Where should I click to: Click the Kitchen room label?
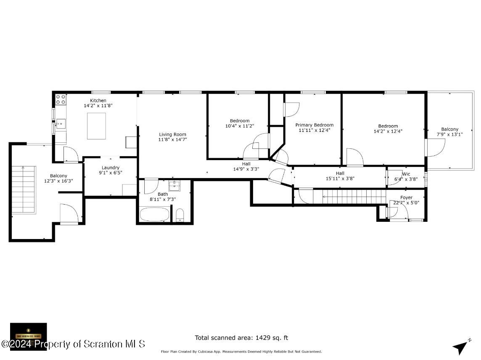point(98,100)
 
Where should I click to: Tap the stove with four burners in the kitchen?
point(61,100)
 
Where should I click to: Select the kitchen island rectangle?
point(96,126)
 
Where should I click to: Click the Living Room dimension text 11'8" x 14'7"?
point(172,139)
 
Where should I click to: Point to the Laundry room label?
point(111,168)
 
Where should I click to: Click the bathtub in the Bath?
point(154,214)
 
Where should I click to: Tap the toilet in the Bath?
point(180,215)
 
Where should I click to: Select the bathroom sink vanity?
point(174,185)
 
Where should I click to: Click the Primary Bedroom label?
point(314,125)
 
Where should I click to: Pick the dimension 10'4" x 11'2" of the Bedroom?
point(239,126)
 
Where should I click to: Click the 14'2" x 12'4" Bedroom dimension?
point(388,131)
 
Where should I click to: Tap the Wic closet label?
point(406,173)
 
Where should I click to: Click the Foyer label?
point(406,197)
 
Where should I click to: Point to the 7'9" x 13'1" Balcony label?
point(449,129)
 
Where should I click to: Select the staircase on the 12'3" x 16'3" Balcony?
point(23,189)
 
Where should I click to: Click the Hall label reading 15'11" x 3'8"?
point(340,178)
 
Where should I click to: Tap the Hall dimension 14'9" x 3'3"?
point(246,169)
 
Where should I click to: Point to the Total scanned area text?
point(241,338)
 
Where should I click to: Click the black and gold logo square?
point(29,336)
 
